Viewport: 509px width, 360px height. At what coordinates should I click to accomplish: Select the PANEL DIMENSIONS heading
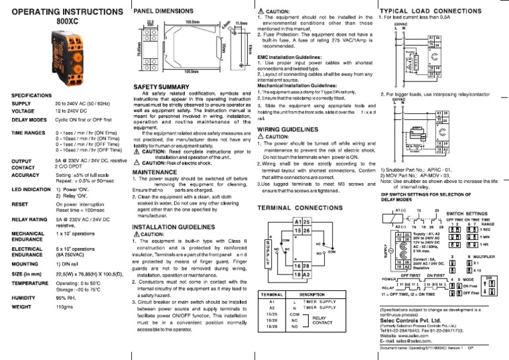(164, 11)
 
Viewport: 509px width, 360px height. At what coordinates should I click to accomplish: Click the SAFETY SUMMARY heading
(164, 87)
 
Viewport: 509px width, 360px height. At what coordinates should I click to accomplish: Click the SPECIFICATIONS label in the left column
(34, 95)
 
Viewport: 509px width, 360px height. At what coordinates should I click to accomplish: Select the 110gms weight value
(65, 308)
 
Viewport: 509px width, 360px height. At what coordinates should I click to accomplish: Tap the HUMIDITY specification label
(26, 298)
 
